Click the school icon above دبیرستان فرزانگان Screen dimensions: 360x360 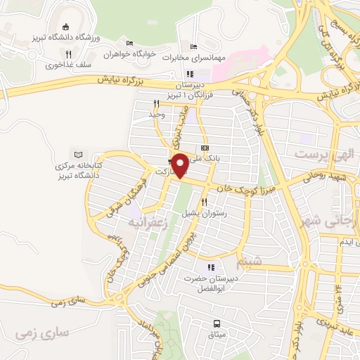(190, 73)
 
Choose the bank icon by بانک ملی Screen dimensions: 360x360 (205, 148)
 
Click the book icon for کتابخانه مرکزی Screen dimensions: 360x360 (77, 154)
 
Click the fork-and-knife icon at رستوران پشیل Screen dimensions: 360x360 (205, 202)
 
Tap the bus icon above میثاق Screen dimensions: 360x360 (217, 323)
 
